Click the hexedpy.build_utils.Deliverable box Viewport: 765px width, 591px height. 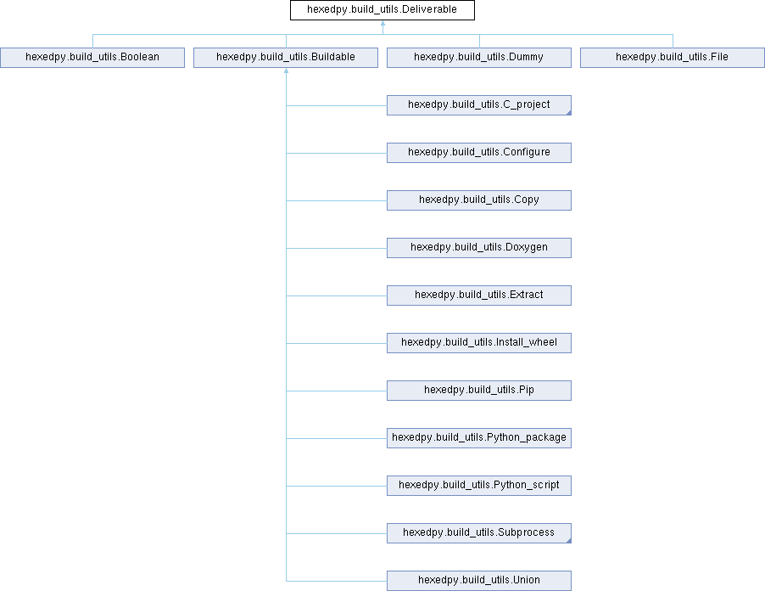pyautogui.click(x=382, y=10)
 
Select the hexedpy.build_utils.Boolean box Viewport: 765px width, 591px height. pyautogui.click(x=92, y=58)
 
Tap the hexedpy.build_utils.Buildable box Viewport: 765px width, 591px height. pyautogui.click(x=286, y=58)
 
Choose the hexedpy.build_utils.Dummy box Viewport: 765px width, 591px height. pyautogui.click(x=479, y=58)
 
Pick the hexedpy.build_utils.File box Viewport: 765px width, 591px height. pyautogui.click(x=673, y=58)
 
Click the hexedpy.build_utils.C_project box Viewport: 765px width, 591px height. pyautogui.click(x=479, y=105)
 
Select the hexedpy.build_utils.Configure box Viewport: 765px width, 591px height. pyautogui.click(x=479, y=153)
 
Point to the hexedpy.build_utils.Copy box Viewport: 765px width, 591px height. pyautogui.click(x=479, y=200)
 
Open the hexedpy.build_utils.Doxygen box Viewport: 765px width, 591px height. pyautogui.click(x=479, y=248)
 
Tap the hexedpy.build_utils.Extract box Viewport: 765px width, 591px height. pyautogui.click(x=479, y=295)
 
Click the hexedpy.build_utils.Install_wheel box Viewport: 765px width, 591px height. pyautogui.click(x=479, y=343)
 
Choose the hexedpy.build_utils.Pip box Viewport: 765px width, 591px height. pyautogui.click(x=479, y=391)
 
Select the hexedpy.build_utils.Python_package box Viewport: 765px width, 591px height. pyautogui.click(x=479, y=438)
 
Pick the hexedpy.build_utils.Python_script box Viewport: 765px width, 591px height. pyautogui.click(x=479, y=486)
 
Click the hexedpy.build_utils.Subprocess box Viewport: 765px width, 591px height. pyautogui.click(x=479, y=533)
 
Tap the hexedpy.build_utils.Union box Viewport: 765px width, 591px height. pyautogui.click(x=479, y=581)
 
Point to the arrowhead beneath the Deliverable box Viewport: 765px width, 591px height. pyautogui.click(x=383, y=23)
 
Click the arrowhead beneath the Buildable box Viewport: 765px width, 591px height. pyautogui.click(x=287, y=70)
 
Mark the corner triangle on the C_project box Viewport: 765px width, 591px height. pyautogui.click(x=569, y=113)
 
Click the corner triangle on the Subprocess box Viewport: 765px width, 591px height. pyautogui.click(x=569, y=541)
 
